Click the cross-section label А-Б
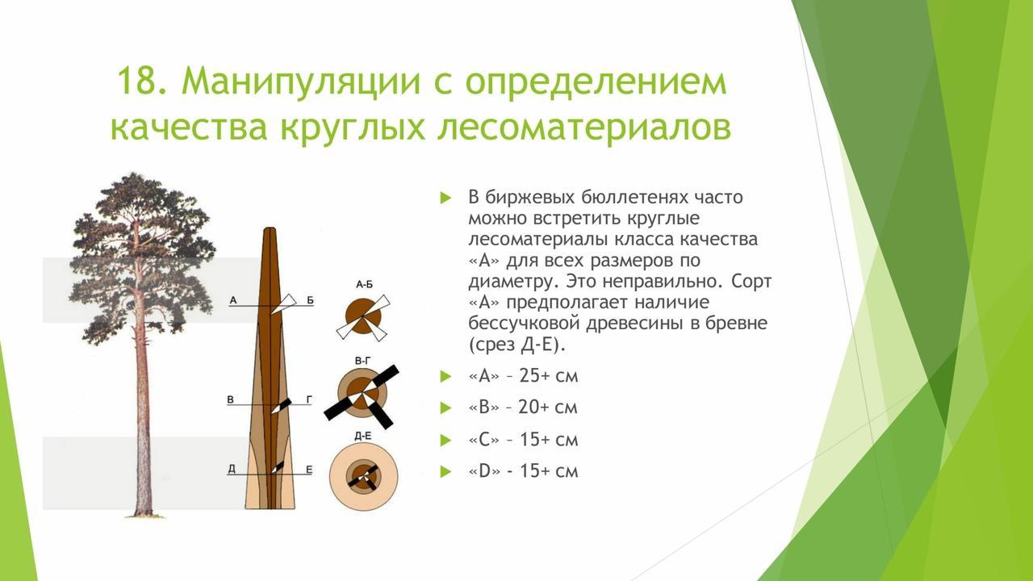(364, 285)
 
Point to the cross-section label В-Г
(363, 361)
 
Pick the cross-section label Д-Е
(363, 436)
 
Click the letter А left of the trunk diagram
(233, 301)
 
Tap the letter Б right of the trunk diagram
(310, 301)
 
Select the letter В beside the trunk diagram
(231, 399)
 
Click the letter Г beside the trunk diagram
(309, 399)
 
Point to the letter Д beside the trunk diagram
(232, 469)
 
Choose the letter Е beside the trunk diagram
(309, 470)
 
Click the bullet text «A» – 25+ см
(523, 376)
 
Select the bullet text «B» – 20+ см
(522, 408)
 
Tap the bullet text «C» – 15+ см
(523, 440)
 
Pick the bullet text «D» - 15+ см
(523, 470)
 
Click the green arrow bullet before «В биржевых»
(445, 199)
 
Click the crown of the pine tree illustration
(143, 253)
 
